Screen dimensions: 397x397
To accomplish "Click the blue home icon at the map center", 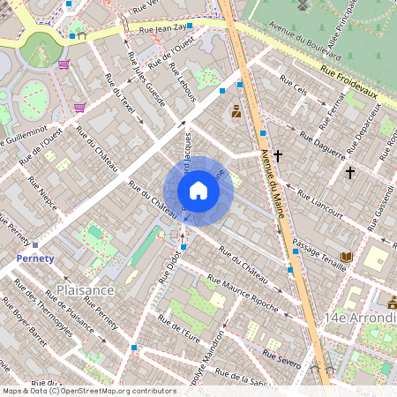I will (x=198, y=191).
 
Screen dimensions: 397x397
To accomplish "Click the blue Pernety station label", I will (x=35, y=258).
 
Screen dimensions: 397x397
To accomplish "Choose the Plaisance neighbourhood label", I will (x=86, y=289).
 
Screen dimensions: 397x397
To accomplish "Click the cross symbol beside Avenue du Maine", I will (x=278, y=156).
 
